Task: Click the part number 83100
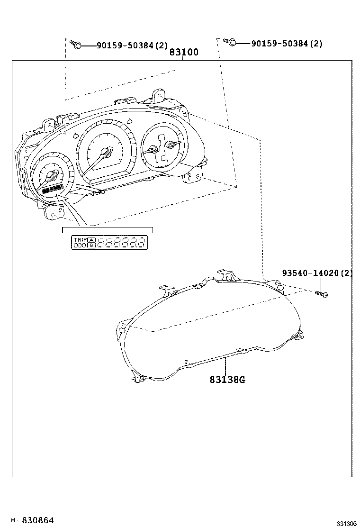tap(184, 53)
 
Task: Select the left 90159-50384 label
tap(132, 45)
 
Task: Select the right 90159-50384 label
tap(287, 44)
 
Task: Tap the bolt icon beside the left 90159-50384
tap(76, 45)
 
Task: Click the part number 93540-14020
tap(317, 273)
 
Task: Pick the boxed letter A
tap(91, 240)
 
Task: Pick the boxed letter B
tap(91, 245)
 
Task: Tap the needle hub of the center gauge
tap(107, 152)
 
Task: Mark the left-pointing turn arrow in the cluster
tap(74, 136)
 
